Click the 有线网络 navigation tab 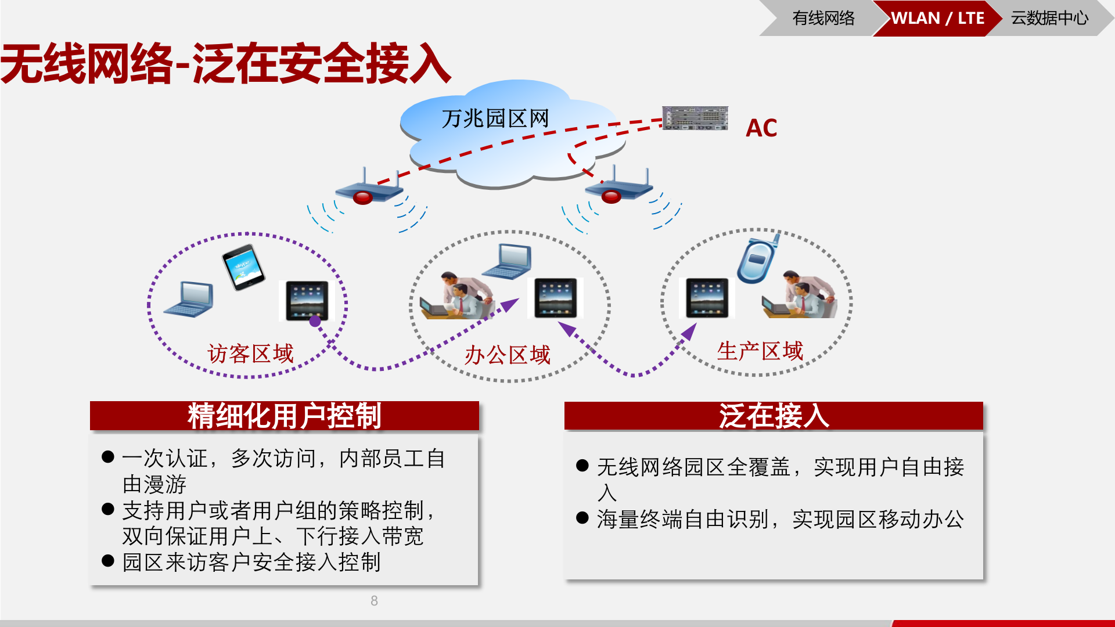coord(823,19)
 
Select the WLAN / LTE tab coord(937,19)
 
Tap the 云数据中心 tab coord(1049,19)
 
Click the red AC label coord(761,128)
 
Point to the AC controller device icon coord(695,118)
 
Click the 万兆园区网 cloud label coord(495,119)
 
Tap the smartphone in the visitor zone coord(243,267)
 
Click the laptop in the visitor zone coord(190,300)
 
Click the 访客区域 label coord(250,354)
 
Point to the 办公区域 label coord(507,355)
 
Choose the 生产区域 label coord(760,351)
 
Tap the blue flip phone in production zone coord(756,259)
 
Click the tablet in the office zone coord(555,298)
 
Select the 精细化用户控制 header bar coord(284,416)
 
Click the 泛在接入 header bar coord(773,416)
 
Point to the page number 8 coord(374,601)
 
